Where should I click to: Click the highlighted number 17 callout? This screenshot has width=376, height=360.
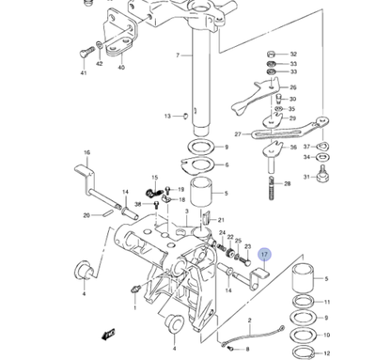point(264,255)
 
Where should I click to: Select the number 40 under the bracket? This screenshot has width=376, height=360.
point(120,69)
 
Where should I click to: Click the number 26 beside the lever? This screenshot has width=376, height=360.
point(292,88)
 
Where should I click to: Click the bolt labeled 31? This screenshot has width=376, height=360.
point(322,176)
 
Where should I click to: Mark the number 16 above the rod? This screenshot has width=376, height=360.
point(87,152)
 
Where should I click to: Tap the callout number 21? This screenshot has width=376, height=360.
point(222,221)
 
